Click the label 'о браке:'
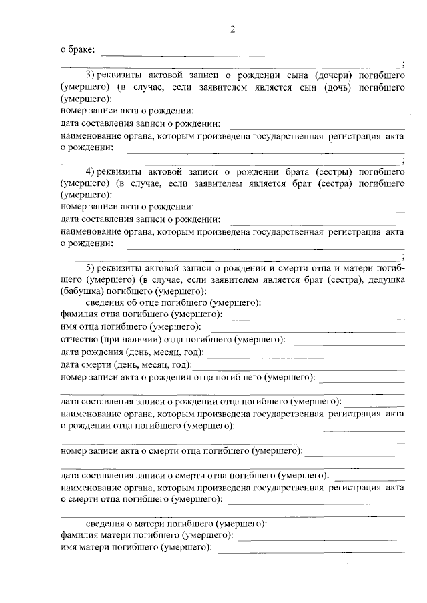tap(77, 49)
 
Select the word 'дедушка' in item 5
tap(382, 280)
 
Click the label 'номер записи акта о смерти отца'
tap(180, 451)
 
